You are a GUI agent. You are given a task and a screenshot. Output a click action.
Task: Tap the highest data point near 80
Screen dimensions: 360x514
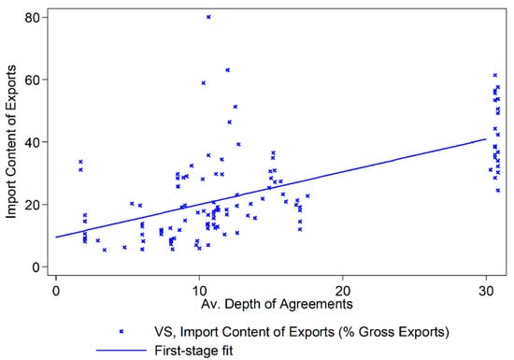pos(208,17)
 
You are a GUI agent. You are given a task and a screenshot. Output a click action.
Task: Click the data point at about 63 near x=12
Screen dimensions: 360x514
pos(227,70)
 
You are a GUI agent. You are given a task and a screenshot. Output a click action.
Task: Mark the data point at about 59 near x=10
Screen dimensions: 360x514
pos(203,83)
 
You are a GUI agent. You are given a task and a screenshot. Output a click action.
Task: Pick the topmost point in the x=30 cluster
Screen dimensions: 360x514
pos(495,75)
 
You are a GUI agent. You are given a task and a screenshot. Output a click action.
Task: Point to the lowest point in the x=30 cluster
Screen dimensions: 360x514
pos(498,190)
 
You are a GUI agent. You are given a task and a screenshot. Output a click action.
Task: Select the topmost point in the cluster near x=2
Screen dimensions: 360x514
pos(80,162)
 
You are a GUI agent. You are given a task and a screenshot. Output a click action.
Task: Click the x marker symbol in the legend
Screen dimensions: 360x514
pos(121,329)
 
